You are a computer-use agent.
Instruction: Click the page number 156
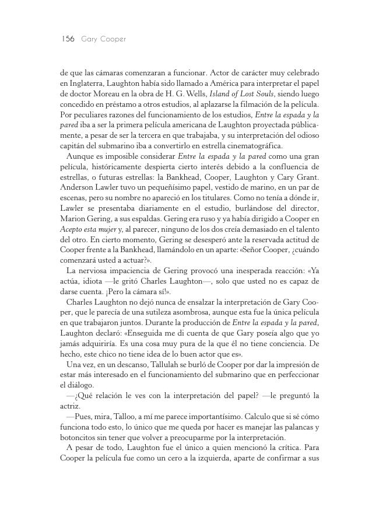pyautogui.click(x=68, y=39)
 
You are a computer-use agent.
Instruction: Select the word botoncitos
pyautogui.click(x=79, y=438)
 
